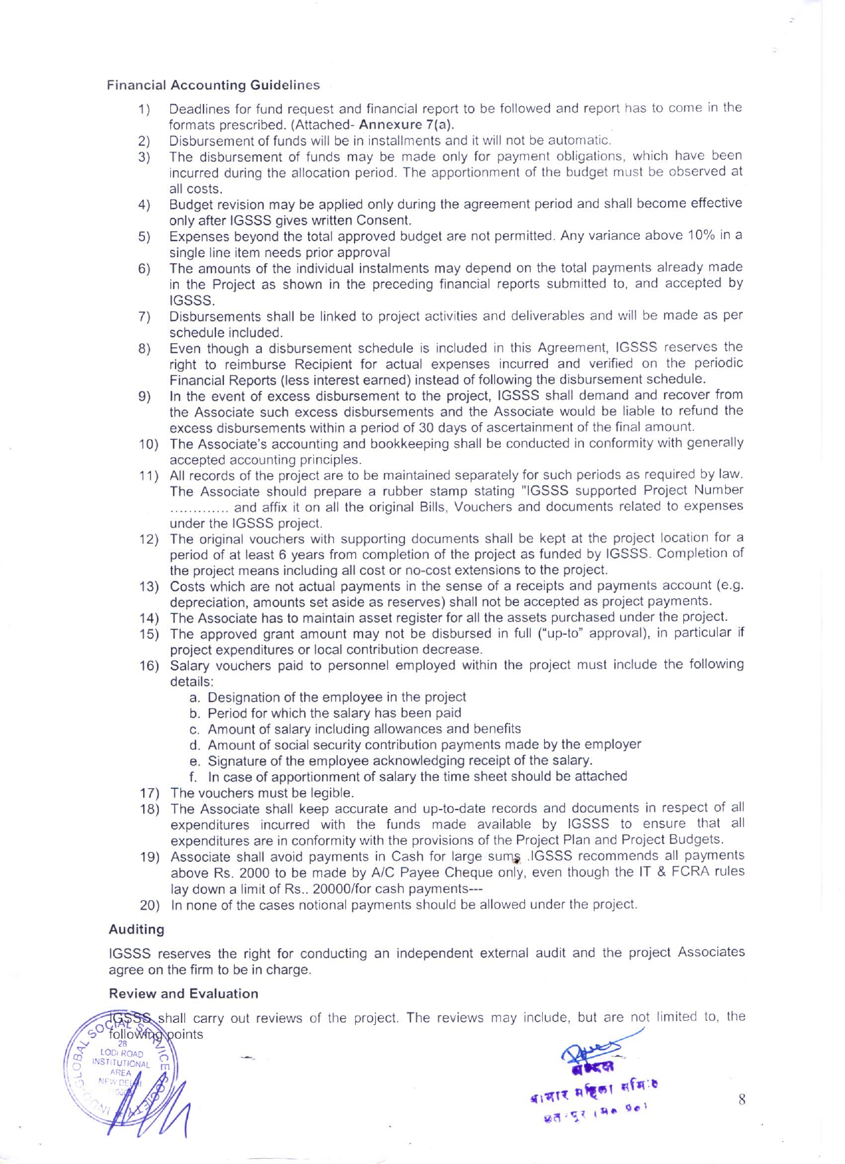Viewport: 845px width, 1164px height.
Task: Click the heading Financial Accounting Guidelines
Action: pyautogui.click(x=213, y=85)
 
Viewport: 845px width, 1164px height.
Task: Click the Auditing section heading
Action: pyautogui.click(x=137, y=929)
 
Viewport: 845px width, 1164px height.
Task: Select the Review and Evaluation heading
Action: pyautogui.click(x=183, y=994)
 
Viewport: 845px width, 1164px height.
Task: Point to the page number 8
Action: pyautogui.click(x=742, y=1100)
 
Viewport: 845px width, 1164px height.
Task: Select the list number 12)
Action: pyautogui.click(x=148, y=539)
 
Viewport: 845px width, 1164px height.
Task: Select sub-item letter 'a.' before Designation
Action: pyautogui.click(x=195, y=698)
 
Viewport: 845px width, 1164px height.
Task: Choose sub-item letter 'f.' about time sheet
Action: pyautogui.click(x=193, y=777)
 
